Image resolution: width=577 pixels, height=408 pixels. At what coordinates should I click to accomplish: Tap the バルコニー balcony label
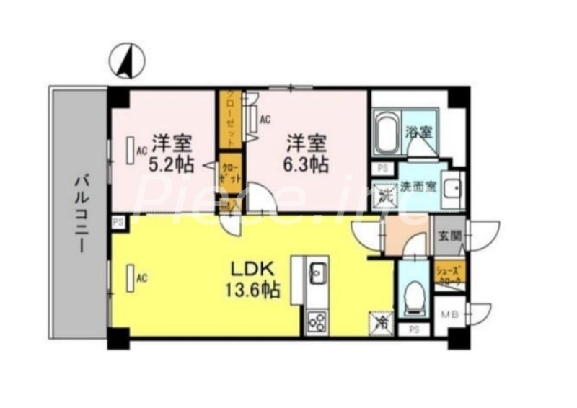coord(80,215)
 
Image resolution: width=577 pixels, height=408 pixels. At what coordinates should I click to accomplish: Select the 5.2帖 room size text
coord(172,164)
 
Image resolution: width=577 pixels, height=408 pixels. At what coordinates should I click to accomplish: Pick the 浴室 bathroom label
coord(419,132)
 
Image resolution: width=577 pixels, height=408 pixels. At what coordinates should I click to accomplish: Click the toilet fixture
coord(413,296)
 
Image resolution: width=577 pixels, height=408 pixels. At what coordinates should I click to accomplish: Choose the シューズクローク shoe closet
coord(449,275)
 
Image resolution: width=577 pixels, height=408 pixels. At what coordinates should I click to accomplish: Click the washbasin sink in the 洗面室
coord(452,191)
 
